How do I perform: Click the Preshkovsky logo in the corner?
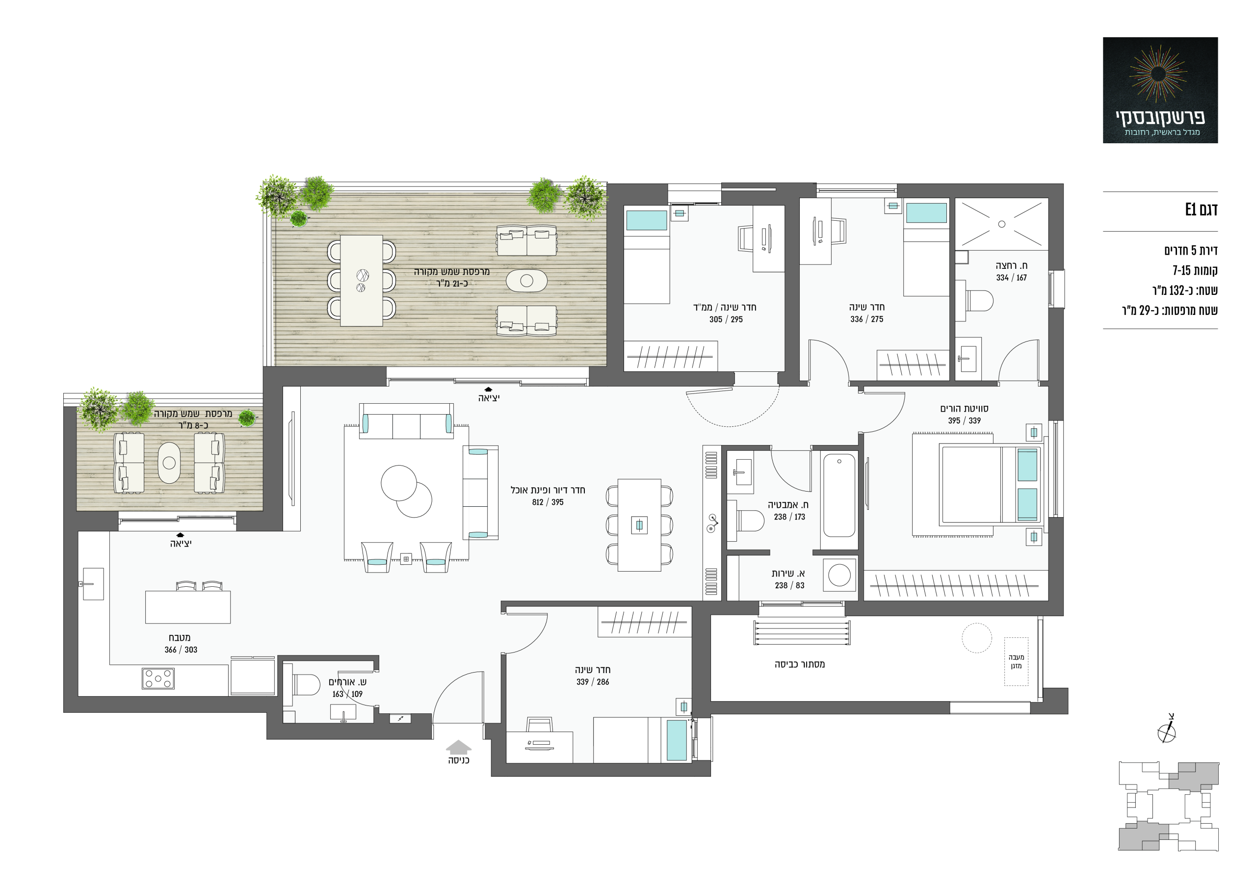[1160, 90]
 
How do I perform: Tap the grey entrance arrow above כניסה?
[458, 746]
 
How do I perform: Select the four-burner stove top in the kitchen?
[158, 679]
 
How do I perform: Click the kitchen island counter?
[187, 607]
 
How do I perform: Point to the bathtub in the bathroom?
[839, 495]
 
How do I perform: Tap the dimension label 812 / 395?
[548, 502]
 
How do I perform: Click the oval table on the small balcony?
[169, 462]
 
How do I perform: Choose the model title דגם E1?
[1202, 209]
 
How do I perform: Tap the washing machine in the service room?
[839, 575]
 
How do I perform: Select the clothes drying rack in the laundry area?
[802, 632]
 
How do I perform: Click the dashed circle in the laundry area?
[976, 638]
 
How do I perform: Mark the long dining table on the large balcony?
[361, 280]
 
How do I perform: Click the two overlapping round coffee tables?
[406, 491]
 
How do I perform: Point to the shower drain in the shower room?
[1002, 224]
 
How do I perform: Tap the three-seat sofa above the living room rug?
[406, 421]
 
